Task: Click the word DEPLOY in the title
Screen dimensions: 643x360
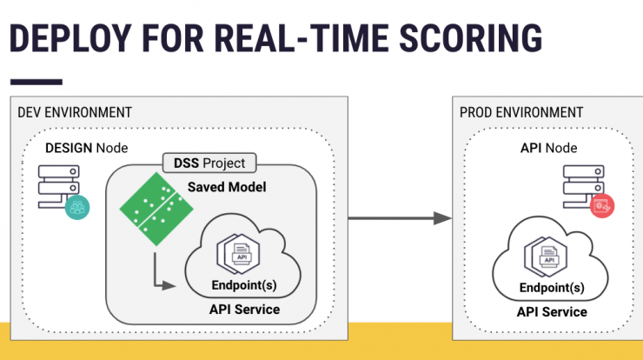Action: click(70, 38)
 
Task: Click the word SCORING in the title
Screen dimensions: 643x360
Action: click(471, 38)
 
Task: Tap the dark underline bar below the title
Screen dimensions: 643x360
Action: click(36, 82)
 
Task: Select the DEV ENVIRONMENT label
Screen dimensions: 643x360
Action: click(75, 112)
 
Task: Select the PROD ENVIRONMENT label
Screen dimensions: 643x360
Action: click(521, 112)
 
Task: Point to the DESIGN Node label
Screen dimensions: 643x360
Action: click(87, 148)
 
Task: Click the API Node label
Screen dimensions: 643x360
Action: click(548, 148)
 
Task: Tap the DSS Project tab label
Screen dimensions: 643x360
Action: click(209, 163)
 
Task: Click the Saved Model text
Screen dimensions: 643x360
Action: click(227, 187)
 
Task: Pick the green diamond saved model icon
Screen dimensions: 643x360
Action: click(156, 209)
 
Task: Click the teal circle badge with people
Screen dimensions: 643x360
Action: click(77, 207)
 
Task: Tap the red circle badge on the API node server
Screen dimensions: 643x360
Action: click(602, 206)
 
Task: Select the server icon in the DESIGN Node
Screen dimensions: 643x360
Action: click(58, 186)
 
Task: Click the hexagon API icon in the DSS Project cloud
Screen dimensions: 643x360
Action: click(238, 254)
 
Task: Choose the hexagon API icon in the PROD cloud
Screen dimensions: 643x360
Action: click(546, 257)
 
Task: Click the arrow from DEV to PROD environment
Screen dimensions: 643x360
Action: click(400, 218)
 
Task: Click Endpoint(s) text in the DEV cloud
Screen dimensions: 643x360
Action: click(244, 285)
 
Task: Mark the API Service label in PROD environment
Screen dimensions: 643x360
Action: click(552, 312)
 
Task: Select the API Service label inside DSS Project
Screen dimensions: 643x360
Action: click(244, 310)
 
